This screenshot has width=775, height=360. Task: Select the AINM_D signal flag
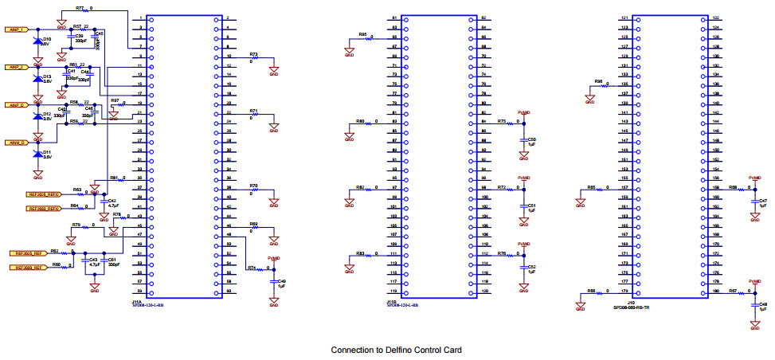(18, 142)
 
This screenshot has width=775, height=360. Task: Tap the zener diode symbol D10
(37, 41)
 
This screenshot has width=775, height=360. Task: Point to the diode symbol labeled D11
(37, 154)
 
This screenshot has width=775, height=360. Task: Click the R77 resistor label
(80, 7)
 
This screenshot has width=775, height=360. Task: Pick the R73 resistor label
(254, 54)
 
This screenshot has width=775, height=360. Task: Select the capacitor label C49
(281, 281)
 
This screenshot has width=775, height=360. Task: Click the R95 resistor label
(362, 34)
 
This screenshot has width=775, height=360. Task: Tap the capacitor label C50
(532, 139)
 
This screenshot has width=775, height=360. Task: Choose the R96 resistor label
(599, 81)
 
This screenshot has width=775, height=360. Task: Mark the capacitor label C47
(763, 201)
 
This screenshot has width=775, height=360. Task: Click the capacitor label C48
(763, 305)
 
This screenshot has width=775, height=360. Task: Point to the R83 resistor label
(361, 252)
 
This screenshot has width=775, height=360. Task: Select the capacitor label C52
(532, 267)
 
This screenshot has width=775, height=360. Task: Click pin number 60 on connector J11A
(228, 291)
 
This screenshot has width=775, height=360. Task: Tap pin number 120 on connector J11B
(484, 291)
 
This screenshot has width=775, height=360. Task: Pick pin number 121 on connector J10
(624, 17)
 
